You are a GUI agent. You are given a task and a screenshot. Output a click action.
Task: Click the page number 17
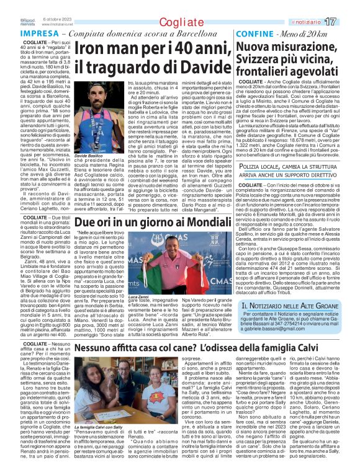(x=348, y=21)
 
